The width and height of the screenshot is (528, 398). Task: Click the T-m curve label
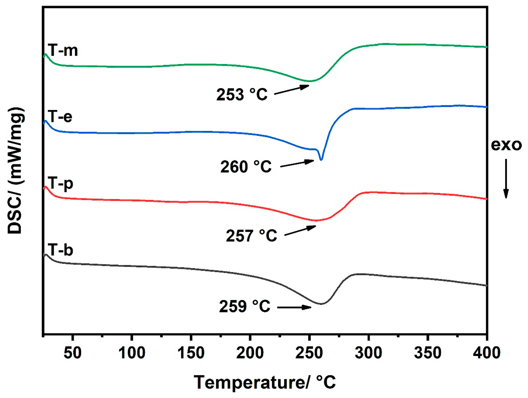coord(63,51)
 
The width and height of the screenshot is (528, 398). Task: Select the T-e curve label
coord(60,116)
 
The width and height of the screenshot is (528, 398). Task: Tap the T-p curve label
coord(60,184)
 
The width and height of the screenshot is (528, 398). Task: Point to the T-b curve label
coord(60,250)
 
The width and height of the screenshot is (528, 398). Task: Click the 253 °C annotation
coord(242,94)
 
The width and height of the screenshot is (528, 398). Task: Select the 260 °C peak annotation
coord(246,167)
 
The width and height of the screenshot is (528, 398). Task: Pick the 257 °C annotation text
coord(251,236)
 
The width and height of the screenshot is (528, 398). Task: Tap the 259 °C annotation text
coord(245,306)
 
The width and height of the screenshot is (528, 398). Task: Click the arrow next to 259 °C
coord(294,308)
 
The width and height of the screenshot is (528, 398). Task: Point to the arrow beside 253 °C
coord(291,90)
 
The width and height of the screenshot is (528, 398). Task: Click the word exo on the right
coord(506,145)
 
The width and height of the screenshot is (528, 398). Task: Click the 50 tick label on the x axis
coord(72,353)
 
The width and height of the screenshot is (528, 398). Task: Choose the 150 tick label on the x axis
coord(191,353)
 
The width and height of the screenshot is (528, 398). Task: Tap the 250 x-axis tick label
coord(309,353)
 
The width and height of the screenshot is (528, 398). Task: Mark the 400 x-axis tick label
coord(487,353)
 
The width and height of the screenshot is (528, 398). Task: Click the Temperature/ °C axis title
coord(265,382)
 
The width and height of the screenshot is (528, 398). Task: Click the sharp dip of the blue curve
coord(321,160)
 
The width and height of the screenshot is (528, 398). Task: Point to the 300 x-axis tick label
coord(368,353)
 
